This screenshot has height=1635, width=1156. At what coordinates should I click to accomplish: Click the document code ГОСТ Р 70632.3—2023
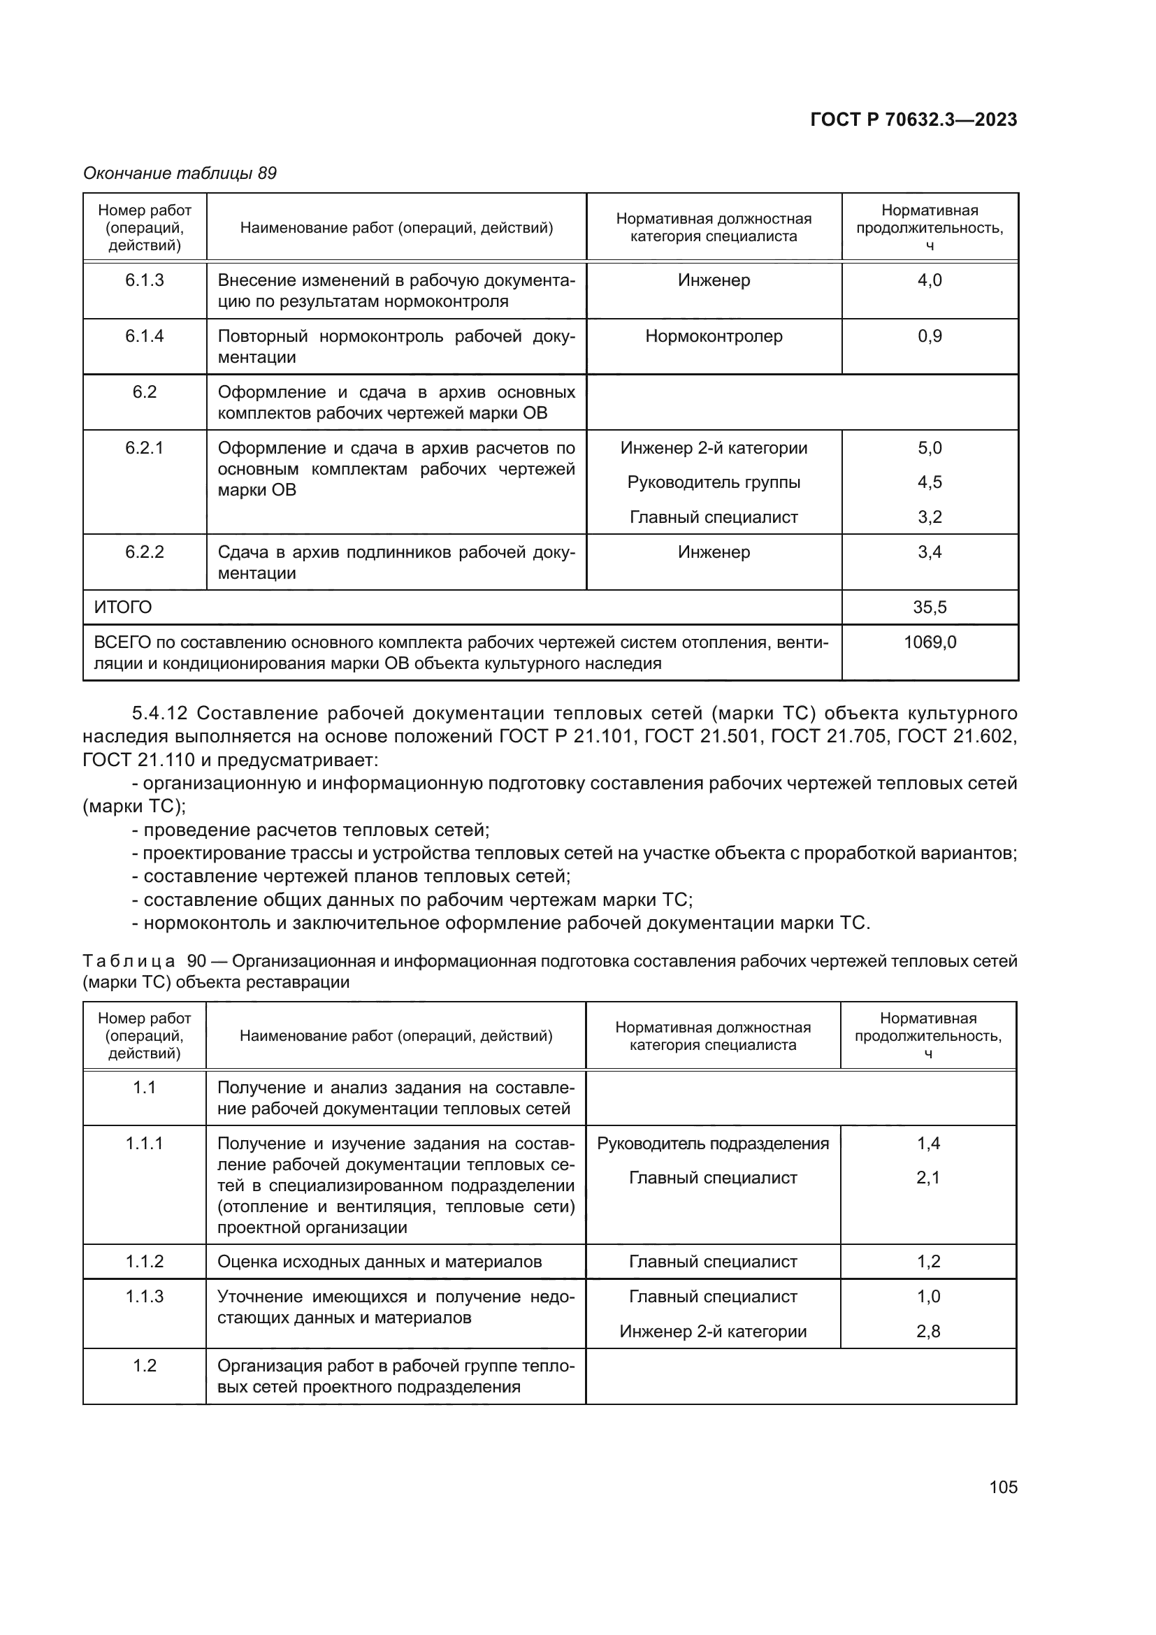913,120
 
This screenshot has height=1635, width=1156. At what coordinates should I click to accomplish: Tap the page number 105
1003,1487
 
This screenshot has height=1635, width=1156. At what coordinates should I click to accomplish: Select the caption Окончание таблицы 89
180,173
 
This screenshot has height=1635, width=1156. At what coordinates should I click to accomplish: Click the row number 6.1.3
145,280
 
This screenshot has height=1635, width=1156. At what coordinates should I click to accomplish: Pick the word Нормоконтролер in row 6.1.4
714,336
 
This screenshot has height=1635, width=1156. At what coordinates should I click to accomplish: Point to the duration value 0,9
929,336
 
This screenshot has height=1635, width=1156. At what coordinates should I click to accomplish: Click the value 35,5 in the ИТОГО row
929,607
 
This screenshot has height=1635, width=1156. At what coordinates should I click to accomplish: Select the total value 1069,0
929,642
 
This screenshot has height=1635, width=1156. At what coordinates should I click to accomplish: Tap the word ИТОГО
123,607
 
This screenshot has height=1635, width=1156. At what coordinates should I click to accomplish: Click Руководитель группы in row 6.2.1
714,482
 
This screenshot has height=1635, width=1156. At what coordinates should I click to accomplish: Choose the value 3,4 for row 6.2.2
929,552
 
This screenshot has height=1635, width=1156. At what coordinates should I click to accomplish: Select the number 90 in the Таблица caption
196,961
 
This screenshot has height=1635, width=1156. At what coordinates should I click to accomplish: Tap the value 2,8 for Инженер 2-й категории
927,1332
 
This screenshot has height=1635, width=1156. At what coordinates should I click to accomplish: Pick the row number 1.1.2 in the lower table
145,1262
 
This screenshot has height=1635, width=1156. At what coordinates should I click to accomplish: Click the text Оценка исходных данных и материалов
379,1262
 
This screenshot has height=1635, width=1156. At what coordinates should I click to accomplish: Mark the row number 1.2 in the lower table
145,1366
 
